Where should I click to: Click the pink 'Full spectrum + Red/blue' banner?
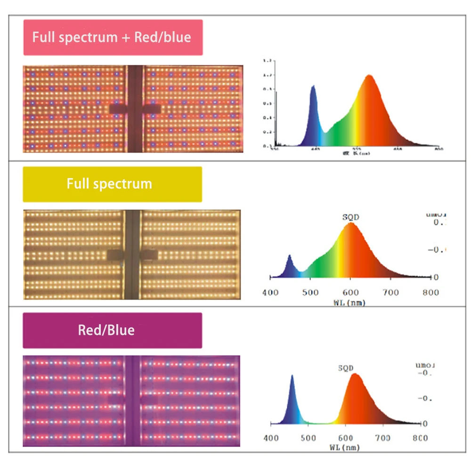click(x=113, y=38)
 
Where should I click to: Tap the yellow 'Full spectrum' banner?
click(x=113, y=184)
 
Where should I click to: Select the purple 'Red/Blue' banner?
click(x=113, y=330)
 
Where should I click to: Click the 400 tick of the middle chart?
click(x=270, y=292)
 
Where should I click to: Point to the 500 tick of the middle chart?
click(x=310, y=292)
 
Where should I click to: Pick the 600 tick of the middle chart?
click(x=350, y=292)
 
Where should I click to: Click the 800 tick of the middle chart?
click(x=430, y=292)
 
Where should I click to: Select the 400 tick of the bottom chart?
click(x=270, y=438)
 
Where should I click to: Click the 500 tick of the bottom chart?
click(x=308, y=438)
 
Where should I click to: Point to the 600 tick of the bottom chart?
click(x=346, y=438)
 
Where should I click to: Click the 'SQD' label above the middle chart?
click(x=350, y=217)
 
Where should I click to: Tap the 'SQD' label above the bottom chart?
click(x=346, y=368)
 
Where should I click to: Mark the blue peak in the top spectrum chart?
click(x=313, y=87)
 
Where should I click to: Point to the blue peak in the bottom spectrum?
click(x=292, y=377)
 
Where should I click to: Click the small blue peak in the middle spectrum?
click(x=289, y=257)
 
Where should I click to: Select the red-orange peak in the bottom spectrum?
click(x=354, y=375)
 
